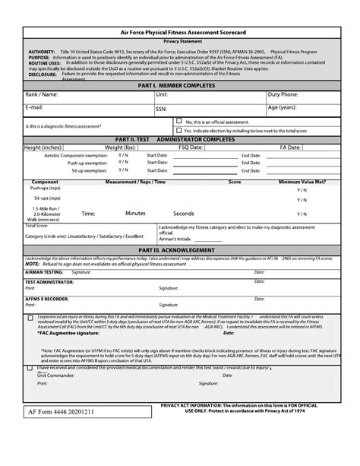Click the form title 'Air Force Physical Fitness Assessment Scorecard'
click(x=181, y=33)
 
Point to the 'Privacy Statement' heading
click(x=181, y=42)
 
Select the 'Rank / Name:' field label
click(x=41, y=94)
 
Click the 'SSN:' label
click(x=161, y=109)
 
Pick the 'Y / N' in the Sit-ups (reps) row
click(x=302, y=200)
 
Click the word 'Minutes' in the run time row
click(x=135, y=214)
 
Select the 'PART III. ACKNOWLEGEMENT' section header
click(x=181, y=249)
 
